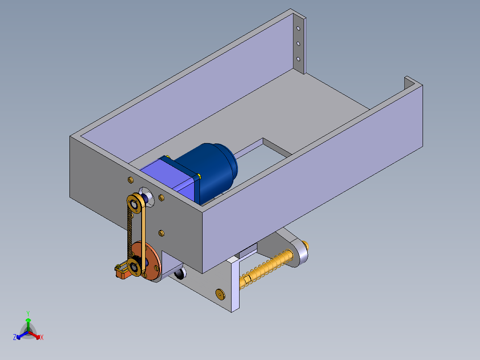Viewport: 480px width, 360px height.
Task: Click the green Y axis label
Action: coord(28,313)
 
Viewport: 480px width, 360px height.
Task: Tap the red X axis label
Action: coord(42,337)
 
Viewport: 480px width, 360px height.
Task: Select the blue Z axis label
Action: coord(15,337)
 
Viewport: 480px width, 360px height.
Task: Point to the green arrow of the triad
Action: coord(28,324)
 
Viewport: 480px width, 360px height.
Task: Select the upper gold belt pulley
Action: coord(134,204)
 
